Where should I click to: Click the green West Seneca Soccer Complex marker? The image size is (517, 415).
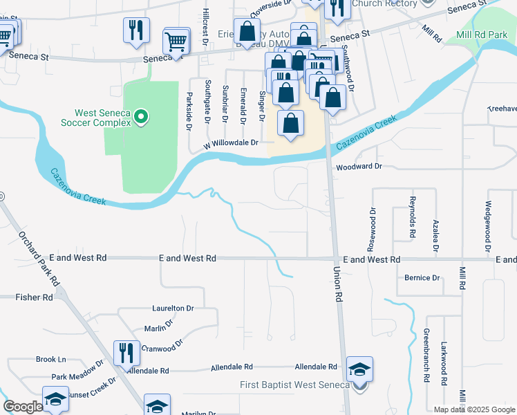click(x=141, y=117)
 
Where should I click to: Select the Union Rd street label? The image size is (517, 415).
click(x=338, y=284)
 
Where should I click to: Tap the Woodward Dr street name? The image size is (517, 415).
click(x=359, y=167)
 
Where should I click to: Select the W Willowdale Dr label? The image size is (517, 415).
click(x=230, y=144)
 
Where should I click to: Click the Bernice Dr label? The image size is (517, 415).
click(x=422, y=278)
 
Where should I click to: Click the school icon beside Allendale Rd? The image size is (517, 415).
click(x=359, y=368)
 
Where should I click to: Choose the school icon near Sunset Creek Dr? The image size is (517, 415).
click(x=55, y=399)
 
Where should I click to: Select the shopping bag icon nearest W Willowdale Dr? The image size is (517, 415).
click(x=291, y=124)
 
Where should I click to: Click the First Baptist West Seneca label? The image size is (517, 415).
click(x=294, y=385)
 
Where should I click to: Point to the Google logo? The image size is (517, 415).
click(x=23, y=407)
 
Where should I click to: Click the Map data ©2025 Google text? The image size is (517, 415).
click(x=473, y=409)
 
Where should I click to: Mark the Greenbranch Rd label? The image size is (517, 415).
click(x=426, y=356)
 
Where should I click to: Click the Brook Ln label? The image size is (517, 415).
click(x=51, y=360)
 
